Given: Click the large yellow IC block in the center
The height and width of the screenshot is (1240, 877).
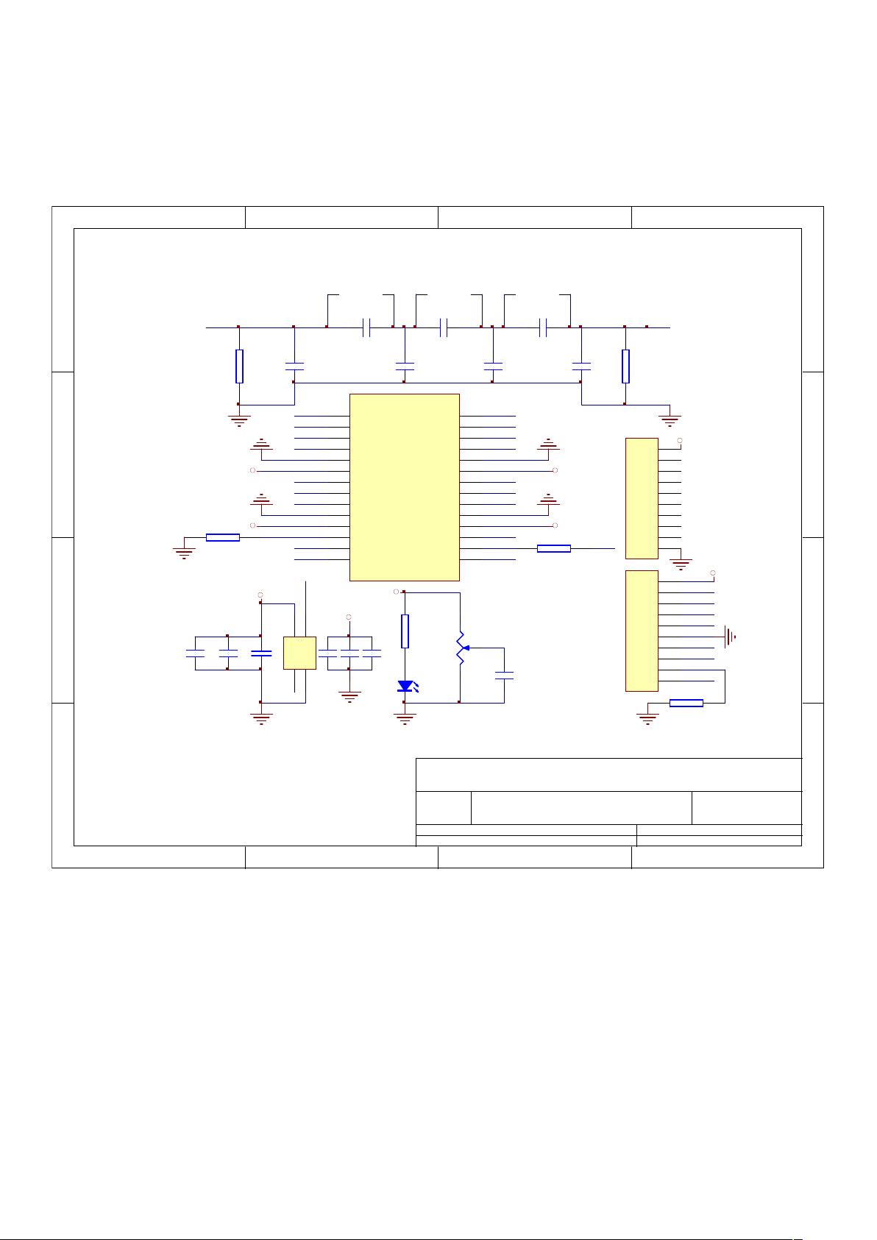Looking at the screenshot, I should pyautogui.click(x=404, y=486).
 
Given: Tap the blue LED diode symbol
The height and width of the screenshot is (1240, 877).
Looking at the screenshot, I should pyautogui.click(x=405, y=686).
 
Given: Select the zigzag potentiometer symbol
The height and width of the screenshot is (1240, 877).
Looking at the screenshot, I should pyautogui.click(x=461, y=648).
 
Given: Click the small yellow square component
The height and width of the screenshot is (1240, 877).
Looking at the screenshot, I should pyautogui.click(x=299, y=653).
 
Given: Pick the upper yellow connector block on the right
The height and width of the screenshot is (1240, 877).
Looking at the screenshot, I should pyautogui.click(x=641, y=498).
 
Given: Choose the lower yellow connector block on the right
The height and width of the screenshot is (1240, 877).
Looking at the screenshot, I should pyautogui.click(x=641, y=631).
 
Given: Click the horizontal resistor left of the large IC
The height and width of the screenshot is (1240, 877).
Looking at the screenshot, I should pyautogui.click(x=223, y=537).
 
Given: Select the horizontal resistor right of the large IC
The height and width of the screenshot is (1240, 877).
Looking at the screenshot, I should pyautogui.click(x=554, y=548).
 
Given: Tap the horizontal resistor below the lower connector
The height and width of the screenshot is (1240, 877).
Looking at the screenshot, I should pyautogui.click(x=686, y=704).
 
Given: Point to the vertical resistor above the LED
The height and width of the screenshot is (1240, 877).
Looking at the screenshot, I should pyautogui.click(x=405, y=631).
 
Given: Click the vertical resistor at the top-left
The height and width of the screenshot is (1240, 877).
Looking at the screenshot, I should pyautogui.click(x=239, y=366).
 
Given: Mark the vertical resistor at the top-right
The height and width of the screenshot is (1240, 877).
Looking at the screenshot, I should pyautogui.click(x=625, y=366).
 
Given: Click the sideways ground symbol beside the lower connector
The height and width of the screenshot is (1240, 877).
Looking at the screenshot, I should pyautogui.click(x=731, y=637).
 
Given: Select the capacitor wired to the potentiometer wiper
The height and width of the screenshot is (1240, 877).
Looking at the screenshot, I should pyautogui.click(x=504, y=676).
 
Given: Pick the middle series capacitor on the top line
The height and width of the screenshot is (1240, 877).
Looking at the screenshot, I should pyautogui.click(x=444, y=327).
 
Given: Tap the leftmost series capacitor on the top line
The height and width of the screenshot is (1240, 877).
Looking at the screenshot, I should pyautogui.click(x=366, y=327).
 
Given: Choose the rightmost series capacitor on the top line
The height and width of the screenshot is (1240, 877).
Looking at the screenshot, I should pyautogui.click(x=543, y=327).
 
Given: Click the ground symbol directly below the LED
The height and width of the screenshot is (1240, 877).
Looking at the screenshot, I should pyautogui.click(x=405, y=718).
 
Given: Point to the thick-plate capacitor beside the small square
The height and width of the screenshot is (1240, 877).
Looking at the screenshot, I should pyautogui.click(x=261, y=653).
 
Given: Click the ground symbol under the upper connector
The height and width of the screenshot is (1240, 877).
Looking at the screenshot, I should pyautogui.click(x=681, y=564).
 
